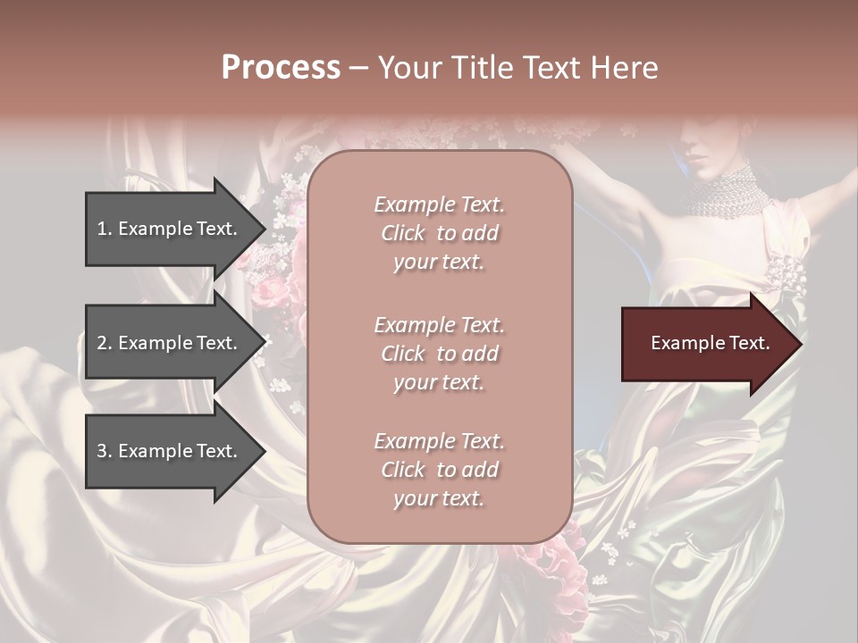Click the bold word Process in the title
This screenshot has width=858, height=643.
click(281, 68)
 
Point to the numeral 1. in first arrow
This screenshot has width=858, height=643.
click(105, 229)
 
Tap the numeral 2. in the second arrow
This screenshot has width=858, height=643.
click(105, 343)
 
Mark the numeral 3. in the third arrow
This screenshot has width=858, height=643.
click(105, 451)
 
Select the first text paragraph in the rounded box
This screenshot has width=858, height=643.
click(439, 233)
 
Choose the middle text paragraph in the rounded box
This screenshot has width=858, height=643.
click(439, 354)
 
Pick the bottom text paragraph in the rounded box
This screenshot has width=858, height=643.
click(439, 470)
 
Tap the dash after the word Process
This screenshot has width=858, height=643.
click(359, 69)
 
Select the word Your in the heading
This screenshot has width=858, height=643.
click(408, 68)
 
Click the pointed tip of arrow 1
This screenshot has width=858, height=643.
click(265, 228)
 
